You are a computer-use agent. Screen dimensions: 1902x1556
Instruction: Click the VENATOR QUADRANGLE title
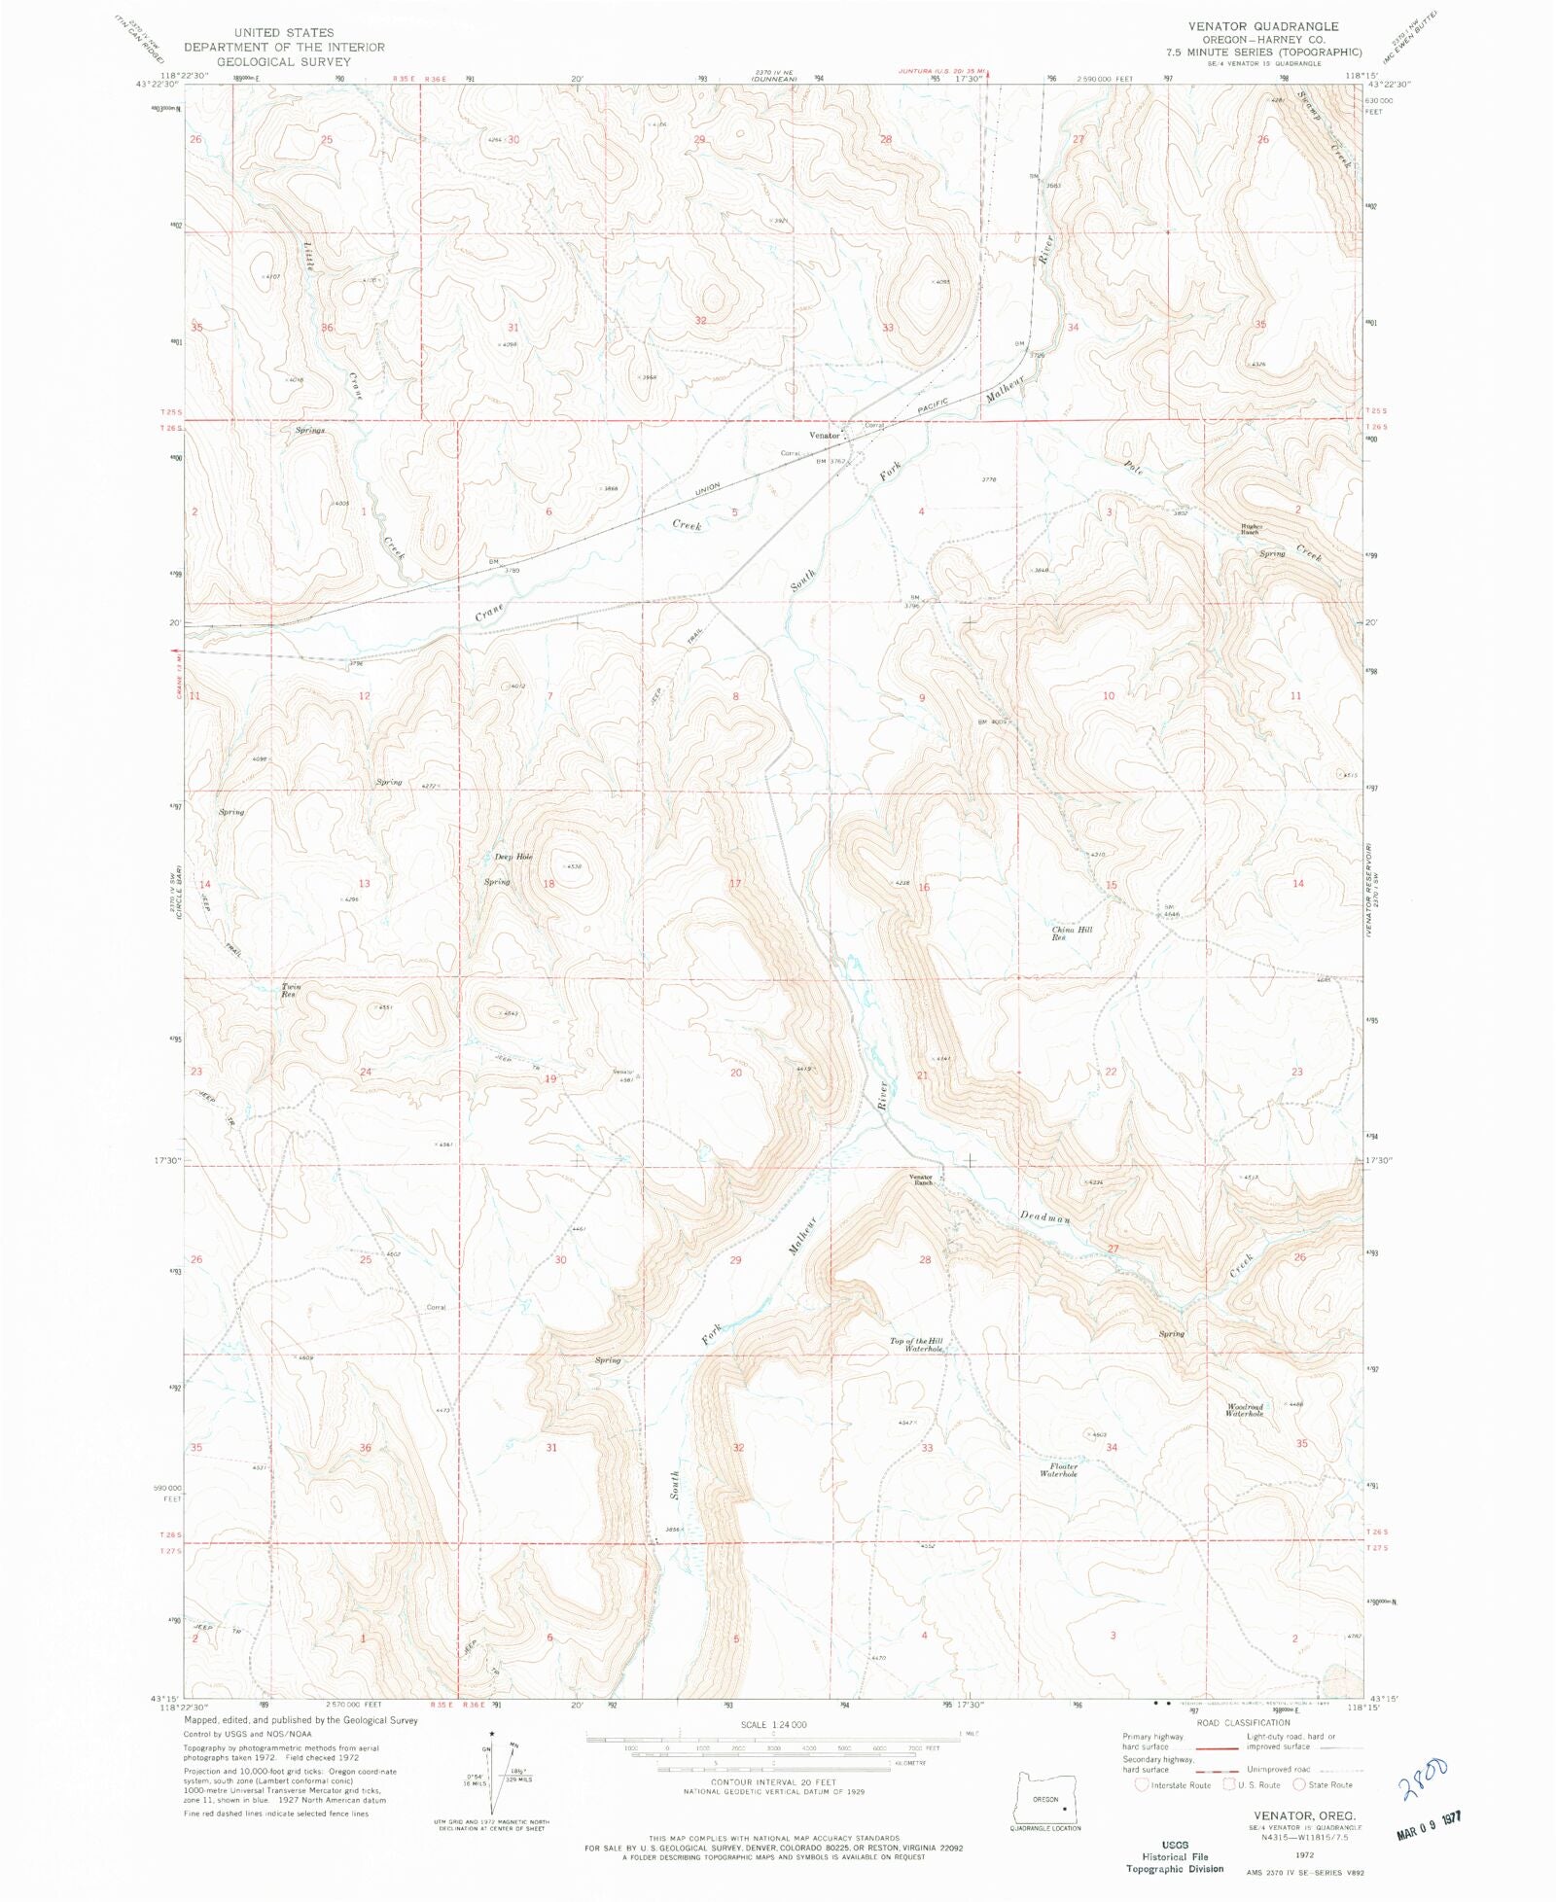click(1262, 26)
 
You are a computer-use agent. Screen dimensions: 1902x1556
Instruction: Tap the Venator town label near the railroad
click(824, 436)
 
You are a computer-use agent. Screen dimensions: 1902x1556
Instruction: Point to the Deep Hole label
click(513, 857)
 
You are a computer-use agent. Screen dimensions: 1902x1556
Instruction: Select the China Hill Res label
click(1071, 933)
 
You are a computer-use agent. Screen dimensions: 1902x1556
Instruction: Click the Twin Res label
click(291, 991)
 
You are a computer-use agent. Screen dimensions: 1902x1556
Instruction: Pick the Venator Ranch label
click(921, 1180)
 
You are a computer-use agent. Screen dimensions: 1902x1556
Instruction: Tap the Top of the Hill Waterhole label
click(916, 1345)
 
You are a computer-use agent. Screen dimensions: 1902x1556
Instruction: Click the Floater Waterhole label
click(1058, 1470)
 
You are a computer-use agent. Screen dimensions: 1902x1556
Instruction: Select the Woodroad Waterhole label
click(1244, 1410)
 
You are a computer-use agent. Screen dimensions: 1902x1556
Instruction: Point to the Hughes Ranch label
click(1249, 530)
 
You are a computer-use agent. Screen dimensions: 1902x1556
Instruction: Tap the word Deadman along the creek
click(1044, 1217)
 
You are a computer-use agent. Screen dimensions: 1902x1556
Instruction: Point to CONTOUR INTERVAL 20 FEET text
click(772, 1782)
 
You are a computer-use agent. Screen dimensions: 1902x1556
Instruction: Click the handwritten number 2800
click(1424, 1779)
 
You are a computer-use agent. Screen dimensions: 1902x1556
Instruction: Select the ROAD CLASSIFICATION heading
click(1243, 1723)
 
